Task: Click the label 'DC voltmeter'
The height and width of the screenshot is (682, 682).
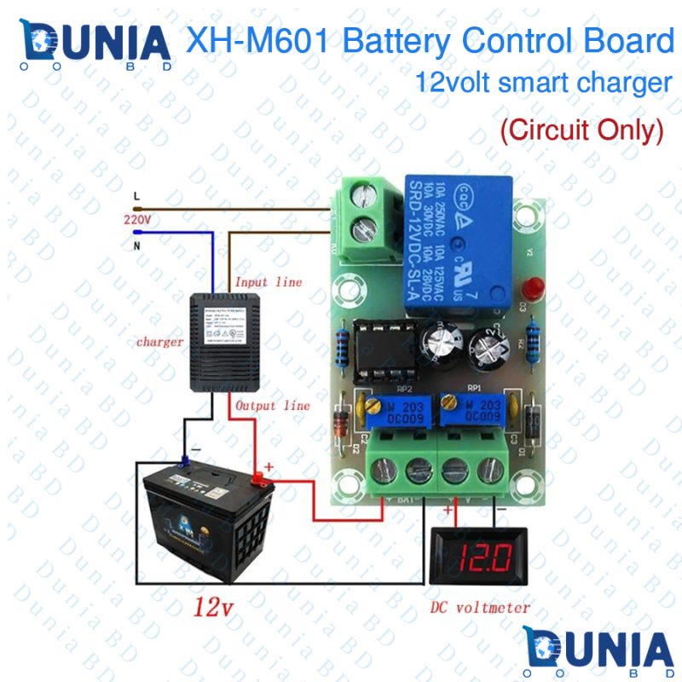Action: point(480,608)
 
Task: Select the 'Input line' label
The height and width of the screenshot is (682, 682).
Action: point(268,282)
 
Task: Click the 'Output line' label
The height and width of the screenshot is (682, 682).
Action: point(272,406)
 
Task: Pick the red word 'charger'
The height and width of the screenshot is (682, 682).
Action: point(159,342)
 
